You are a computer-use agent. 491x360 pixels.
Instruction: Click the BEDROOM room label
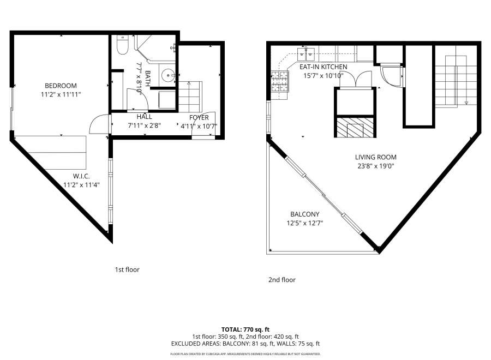61,86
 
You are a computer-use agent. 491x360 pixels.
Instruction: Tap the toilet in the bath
122,46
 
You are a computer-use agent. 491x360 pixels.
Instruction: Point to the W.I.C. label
81,176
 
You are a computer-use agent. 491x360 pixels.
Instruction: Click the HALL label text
144,117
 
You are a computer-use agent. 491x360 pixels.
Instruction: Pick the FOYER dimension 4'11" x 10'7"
199,126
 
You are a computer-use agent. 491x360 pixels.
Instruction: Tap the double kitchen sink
306,53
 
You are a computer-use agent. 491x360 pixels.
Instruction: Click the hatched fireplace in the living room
355,130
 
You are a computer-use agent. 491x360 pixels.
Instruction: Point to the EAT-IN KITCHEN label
323,67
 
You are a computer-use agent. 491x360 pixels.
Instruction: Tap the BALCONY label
305,214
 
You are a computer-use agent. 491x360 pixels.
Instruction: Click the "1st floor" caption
127,269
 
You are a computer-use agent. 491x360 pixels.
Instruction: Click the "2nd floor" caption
282,280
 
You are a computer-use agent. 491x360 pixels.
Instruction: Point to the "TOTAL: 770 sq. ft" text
245,329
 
